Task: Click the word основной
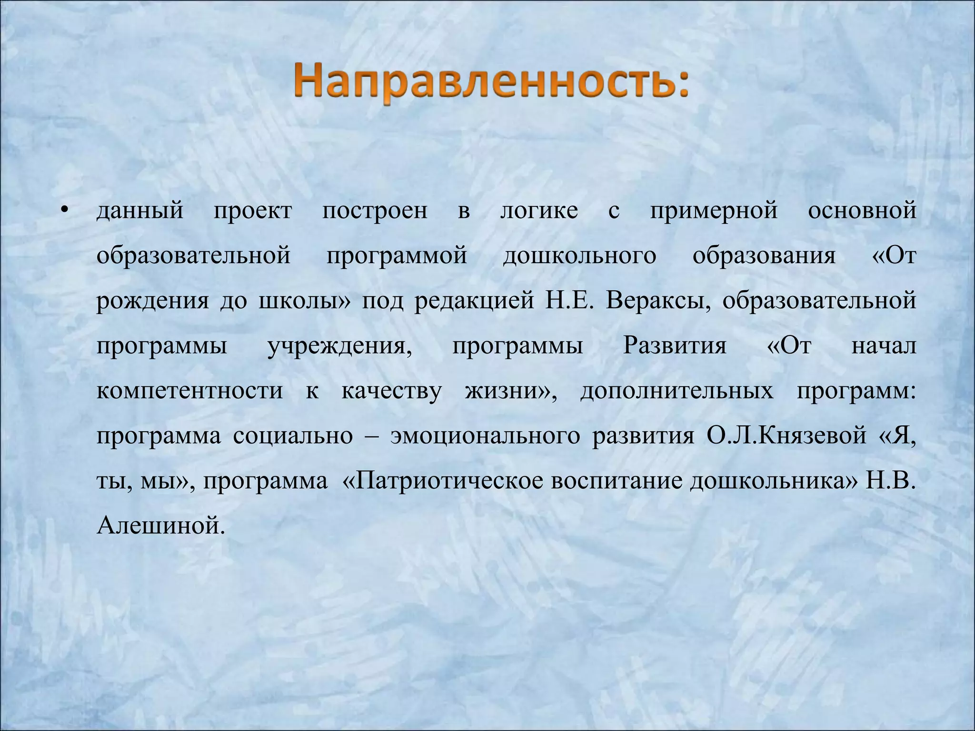pos(862,210)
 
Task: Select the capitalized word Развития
pos(675,346)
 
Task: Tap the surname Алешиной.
pos(160,526)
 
